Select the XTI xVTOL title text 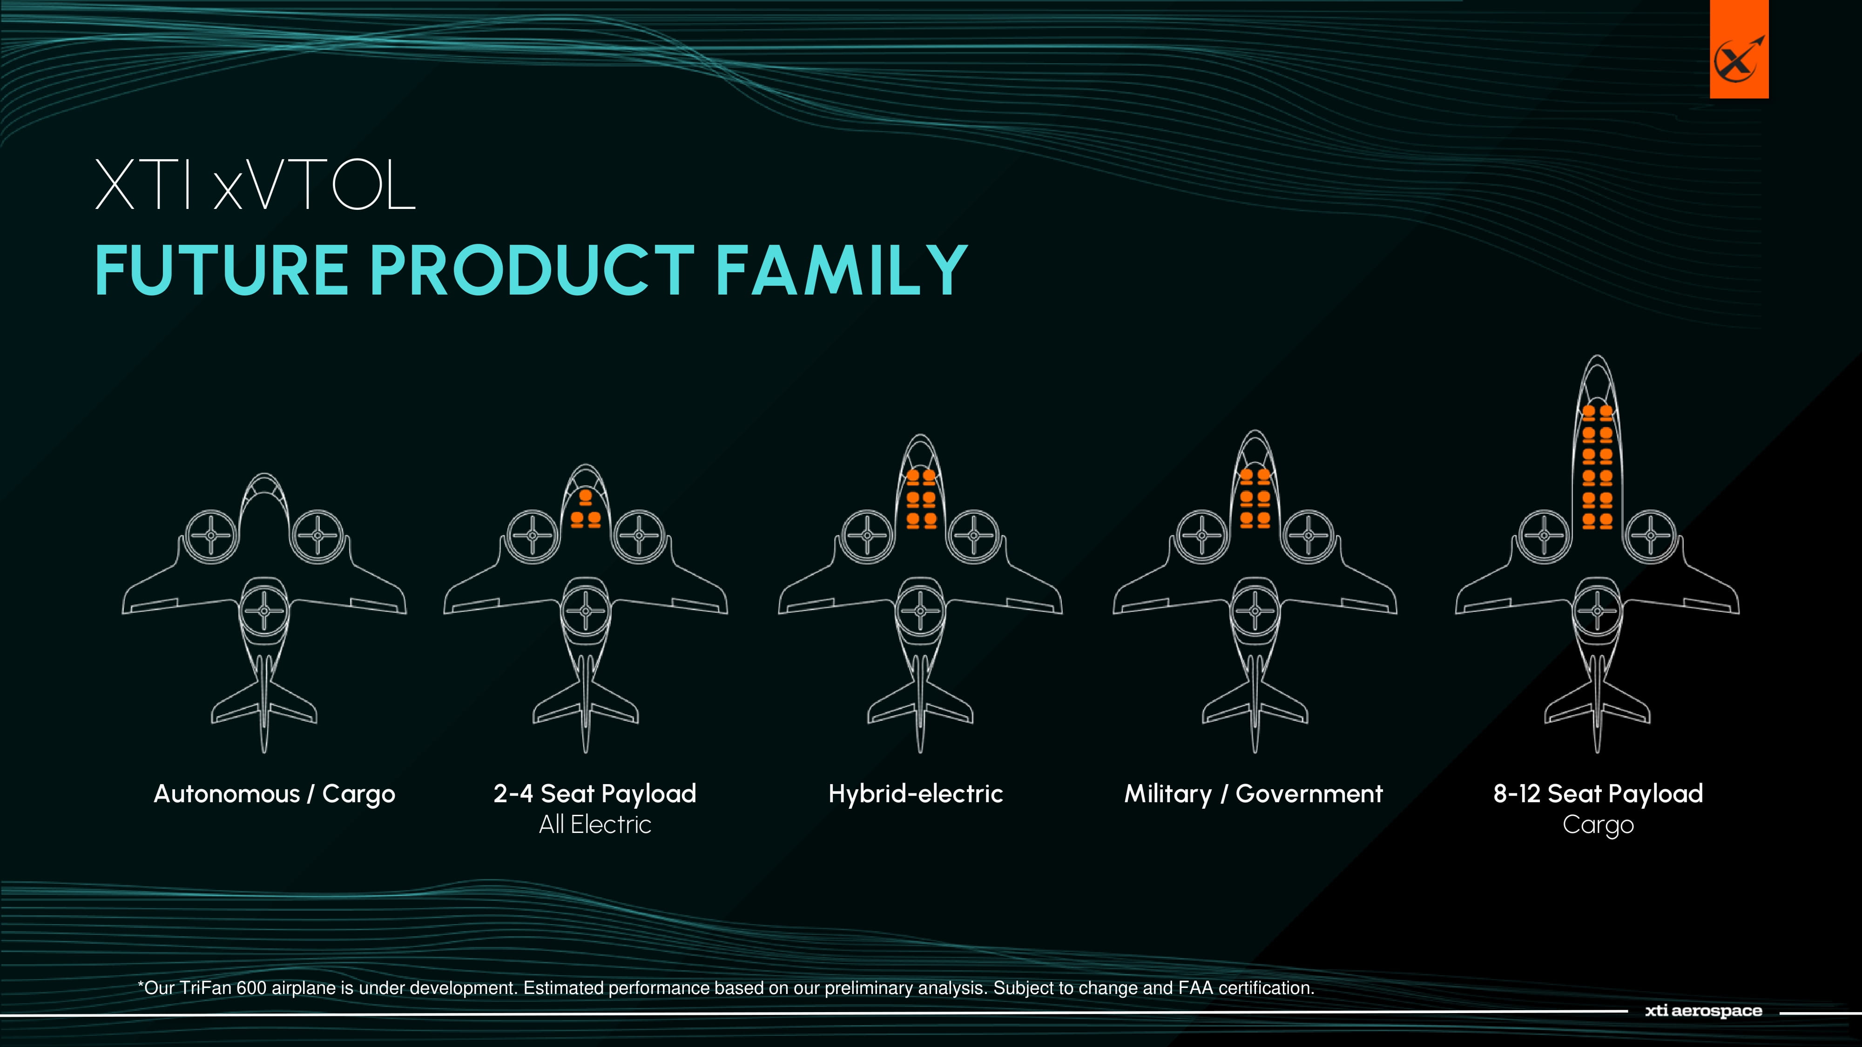(x=255, y=185)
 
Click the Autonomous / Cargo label (x=275, y=794)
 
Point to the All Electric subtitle (x=595, y=825)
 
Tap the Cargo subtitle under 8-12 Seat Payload (x=1598, y=825)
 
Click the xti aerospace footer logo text (x=1704, y=1011)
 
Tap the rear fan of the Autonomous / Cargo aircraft (x=264, y=611)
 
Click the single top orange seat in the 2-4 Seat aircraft (x=586, y=497)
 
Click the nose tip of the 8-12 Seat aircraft (x=1598, y=356)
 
